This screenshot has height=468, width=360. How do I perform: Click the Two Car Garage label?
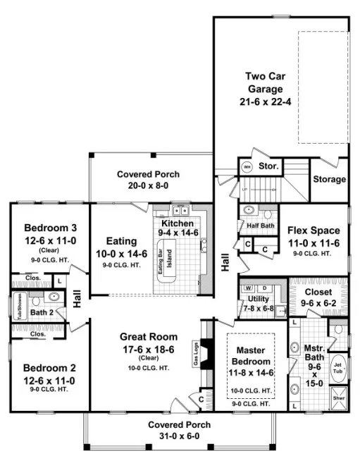point(264,82)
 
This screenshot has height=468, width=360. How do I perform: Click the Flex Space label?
point(314,230)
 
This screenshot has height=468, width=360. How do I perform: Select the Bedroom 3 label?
point(44,228)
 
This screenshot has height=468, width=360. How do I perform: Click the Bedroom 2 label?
point(44,368)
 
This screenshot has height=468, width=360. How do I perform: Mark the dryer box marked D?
point(264,289)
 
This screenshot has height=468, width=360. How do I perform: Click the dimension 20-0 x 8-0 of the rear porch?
point(148,185)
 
